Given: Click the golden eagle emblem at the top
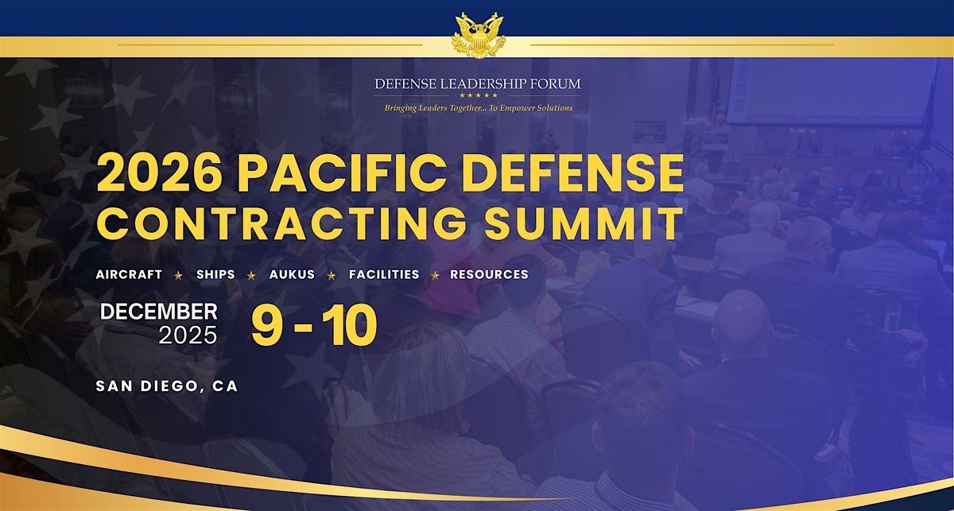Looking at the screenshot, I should click(476, 36).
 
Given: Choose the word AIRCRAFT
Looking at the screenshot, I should click(129, 274).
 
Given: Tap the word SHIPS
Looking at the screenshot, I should click(215, 274).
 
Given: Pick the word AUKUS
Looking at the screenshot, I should click(292, 274).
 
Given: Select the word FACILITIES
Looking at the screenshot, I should click(384, 274).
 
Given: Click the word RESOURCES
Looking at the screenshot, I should click(489, 274).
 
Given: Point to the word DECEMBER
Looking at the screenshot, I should click(159, 312).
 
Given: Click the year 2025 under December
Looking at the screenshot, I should click(188, 335).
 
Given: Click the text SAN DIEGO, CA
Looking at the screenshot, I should click(166, 386).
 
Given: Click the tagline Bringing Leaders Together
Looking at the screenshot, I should click(477, 107).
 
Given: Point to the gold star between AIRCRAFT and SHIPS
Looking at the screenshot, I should click(179, 275).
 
